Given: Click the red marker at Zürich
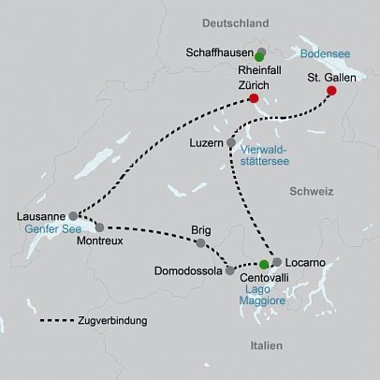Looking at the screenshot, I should click(254, 97).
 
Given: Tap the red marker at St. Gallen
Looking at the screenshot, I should click(330, 92).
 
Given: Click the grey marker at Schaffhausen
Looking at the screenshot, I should click(262, 51).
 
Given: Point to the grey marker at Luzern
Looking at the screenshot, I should click(231, 142).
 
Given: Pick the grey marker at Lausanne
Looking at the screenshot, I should click(74, 215).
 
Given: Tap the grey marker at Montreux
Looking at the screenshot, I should click(99, 227).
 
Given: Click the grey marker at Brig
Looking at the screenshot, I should click(199, 243).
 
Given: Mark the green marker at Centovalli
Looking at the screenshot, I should click(265, 265).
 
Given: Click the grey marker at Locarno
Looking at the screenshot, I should click(277, 261).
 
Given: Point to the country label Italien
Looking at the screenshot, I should click(267, 346).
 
